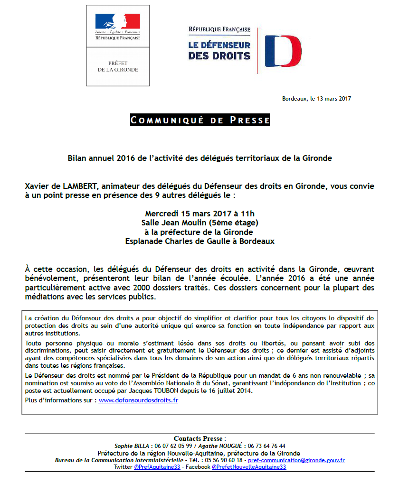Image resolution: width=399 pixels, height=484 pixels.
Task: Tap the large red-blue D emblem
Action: click(x=283, y=51)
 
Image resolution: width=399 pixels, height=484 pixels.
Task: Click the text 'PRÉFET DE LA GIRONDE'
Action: click(x=118, y=66)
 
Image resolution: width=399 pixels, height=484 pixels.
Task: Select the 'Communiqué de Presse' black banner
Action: click(x=200, y=120)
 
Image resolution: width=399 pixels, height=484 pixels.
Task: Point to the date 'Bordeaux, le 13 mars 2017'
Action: click(x=316, y=99)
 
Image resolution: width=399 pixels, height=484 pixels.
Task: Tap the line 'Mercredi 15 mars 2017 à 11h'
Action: click(x=199, y=214)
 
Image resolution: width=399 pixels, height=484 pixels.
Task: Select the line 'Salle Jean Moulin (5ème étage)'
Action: click(x=199, y=223)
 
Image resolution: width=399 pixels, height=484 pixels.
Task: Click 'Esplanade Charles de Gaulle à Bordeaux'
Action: click(x=199, y=241)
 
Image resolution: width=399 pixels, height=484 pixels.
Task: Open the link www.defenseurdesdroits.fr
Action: click(x=138, y=400)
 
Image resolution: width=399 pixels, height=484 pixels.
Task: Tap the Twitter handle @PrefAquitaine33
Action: click(x=157, y=467)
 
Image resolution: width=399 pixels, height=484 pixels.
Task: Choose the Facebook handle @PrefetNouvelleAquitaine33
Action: click(x=249, y=467)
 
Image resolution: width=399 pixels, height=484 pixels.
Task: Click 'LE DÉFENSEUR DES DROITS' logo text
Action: click(x=219, y=50)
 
